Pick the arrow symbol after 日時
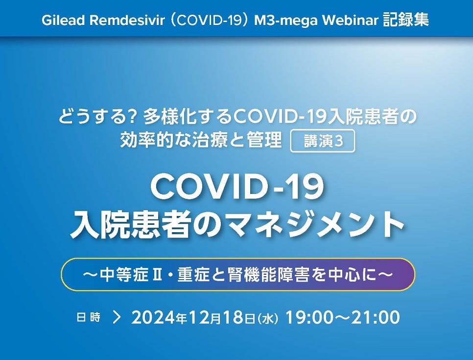coord(117,317)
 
